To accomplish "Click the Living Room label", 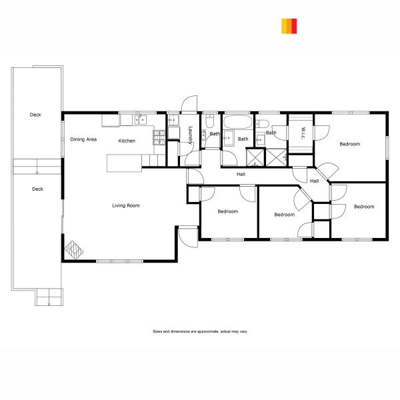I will click(125, 205).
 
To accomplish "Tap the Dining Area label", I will click(84, 139).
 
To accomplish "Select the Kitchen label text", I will click(127, 141).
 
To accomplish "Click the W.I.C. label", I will click(303, 131).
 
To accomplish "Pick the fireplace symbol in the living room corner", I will click(74, 251).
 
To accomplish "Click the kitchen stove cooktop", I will click(159, 137).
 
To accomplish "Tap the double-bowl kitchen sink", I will click(141, 120).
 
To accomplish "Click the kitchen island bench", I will click(125, 162).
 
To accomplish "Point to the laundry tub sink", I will click(173, 121).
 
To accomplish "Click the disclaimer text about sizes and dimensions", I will click(200, 331).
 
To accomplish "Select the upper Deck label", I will click(35, 115).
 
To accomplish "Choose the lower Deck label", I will click(37, 189).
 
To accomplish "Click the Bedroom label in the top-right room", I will click(349, 144).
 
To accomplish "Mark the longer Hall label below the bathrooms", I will click(241, 174).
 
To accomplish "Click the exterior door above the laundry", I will click(189, 104).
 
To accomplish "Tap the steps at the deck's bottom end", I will click(49, 297).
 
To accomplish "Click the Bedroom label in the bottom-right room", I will click(364, 207).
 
